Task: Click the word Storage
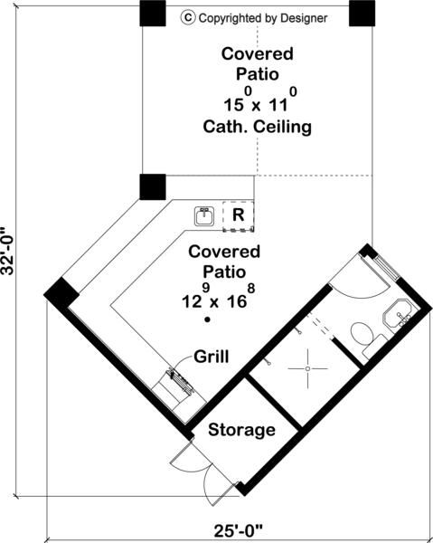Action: [241, 430]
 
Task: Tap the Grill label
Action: [212, 357]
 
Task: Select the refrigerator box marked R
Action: [238, 216]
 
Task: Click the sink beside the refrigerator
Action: [204, 216]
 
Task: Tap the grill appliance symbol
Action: [180, 382]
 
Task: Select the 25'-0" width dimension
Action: [239, 530]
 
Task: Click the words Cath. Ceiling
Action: [257, 127]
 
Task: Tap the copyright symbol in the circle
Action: [188, 17]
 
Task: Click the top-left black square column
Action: [153, 14]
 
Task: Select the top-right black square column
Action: [362, 14]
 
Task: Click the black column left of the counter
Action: [153, 187]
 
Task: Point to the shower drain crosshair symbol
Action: [307, 369]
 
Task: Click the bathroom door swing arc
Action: [360, 293]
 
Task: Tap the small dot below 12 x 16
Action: [207, 319]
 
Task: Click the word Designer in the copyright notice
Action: [304, 18]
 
